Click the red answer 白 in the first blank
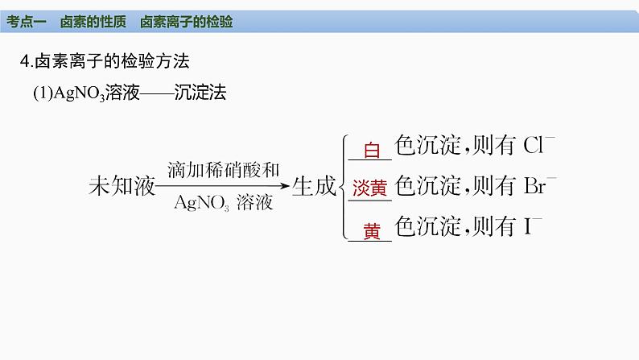coord(371,150)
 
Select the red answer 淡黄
coord(369,188)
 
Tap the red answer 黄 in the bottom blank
coord(371,231)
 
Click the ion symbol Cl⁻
coord(539,146)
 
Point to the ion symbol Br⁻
coord(540,186)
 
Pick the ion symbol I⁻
coord(532,227)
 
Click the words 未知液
coord(121,186)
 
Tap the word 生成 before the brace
coord(313,186)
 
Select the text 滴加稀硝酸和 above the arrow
coord(223,170)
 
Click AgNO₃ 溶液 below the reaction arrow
coord(223,202)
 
